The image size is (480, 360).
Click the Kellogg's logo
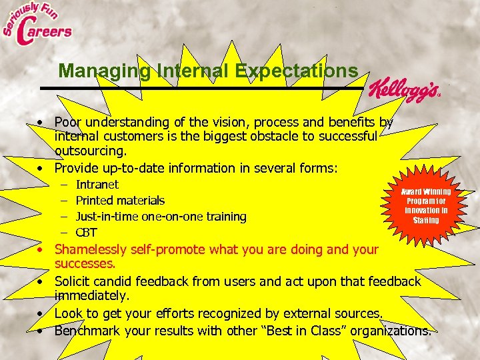tap(403, 89)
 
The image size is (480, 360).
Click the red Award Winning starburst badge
tap(425, 205)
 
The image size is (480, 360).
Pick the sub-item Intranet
tap(97, 185)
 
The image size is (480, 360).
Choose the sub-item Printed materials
tap(120, 201)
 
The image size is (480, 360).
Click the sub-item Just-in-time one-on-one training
tap(161, 217)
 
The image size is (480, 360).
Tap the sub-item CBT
tap(87, 233)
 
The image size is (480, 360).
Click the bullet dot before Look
tap(41, 313)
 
